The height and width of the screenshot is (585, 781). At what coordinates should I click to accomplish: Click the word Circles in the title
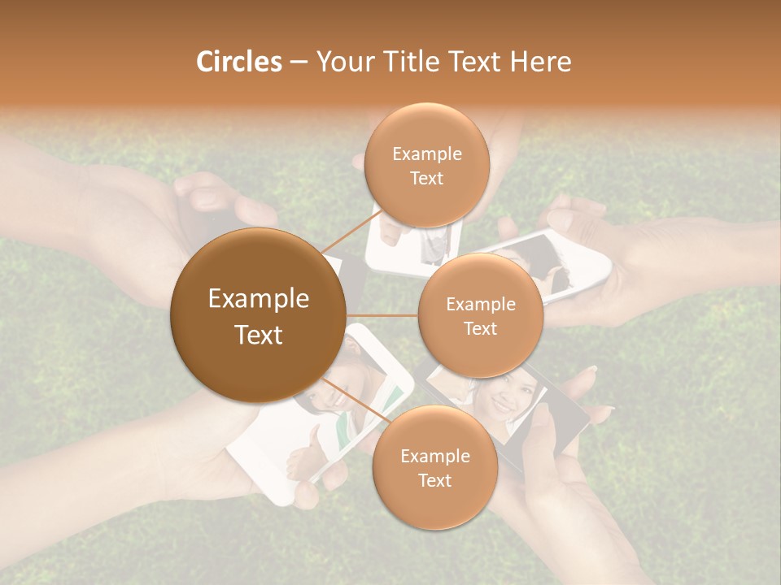[238, 62]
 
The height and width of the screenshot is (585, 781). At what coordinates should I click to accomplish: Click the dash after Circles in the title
[299, 63]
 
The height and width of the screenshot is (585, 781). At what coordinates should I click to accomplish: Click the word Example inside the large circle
[258, 299]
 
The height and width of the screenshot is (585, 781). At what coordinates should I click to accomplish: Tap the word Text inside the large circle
[258, 335]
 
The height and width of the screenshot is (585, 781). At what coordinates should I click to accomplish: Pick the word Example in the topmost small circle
[426, 154]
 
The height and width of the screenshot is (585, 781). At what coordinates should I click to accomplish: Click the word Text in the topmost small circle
[426, 179]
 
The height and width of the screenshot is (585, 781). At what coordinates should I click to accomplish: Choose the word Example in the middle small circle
[480, 305]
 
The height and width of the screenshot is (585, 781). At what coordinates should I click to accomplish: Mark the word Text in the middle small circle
[480, 329]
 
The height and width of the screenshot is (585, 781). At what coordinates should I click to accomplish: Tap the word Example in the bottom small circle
[434, 457]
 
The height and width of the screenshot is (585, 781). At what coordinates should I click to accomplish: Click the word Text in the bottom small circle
[434, 481]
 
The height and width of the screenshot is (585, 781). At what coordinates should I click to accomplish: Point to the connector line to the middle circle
[382, 315]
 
